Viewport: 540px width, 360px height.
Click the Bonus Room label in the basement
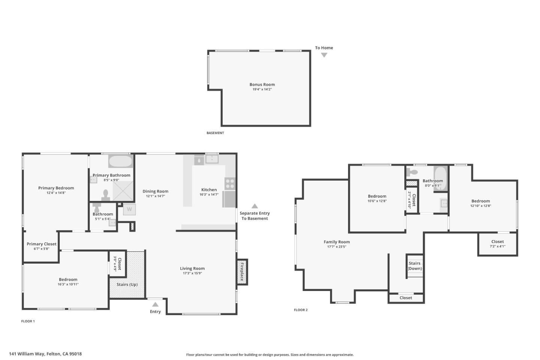pos(262,84)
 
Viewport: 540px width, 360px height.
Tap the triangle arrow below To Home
pos(324,55)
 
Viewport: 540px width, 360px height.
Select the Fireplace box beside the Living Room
pos(242,272)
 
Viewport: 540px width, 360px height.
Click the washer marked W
pos(129,209)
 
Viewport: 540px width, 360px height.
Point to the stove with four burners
pos(229,184)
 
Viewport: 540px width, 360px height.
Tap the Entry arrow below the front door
pos(155,304)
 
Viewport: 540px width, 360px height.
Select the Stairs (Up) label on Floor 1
pos(127,284)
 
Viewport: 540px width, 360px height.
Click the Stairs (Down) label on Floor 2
pos(415,266)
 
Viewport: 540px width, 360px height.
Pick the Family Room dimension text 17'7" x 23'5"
pos(336,247)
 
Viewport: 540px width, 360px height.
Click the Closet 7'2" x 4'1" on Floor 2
pos(497,244)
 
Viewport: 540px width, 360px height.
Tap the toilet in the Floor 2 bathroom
pos(412,172)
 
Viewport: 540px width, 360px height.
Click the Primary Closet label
pos(42,244)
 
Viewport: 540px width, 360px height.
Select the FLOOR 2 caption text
pos(300,310)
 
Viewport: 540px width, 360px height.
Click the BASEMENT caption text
pos(215,133)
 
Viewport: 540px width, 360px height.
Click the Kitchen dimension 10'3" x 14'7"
pos(209,195)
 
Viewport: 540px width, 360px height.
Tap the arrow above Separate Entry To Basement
pos(255,206)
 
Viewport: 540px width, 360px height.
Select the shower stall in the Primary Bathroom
pos(123,191)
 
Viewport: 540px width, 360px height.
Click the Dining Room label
pos(155,191)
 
